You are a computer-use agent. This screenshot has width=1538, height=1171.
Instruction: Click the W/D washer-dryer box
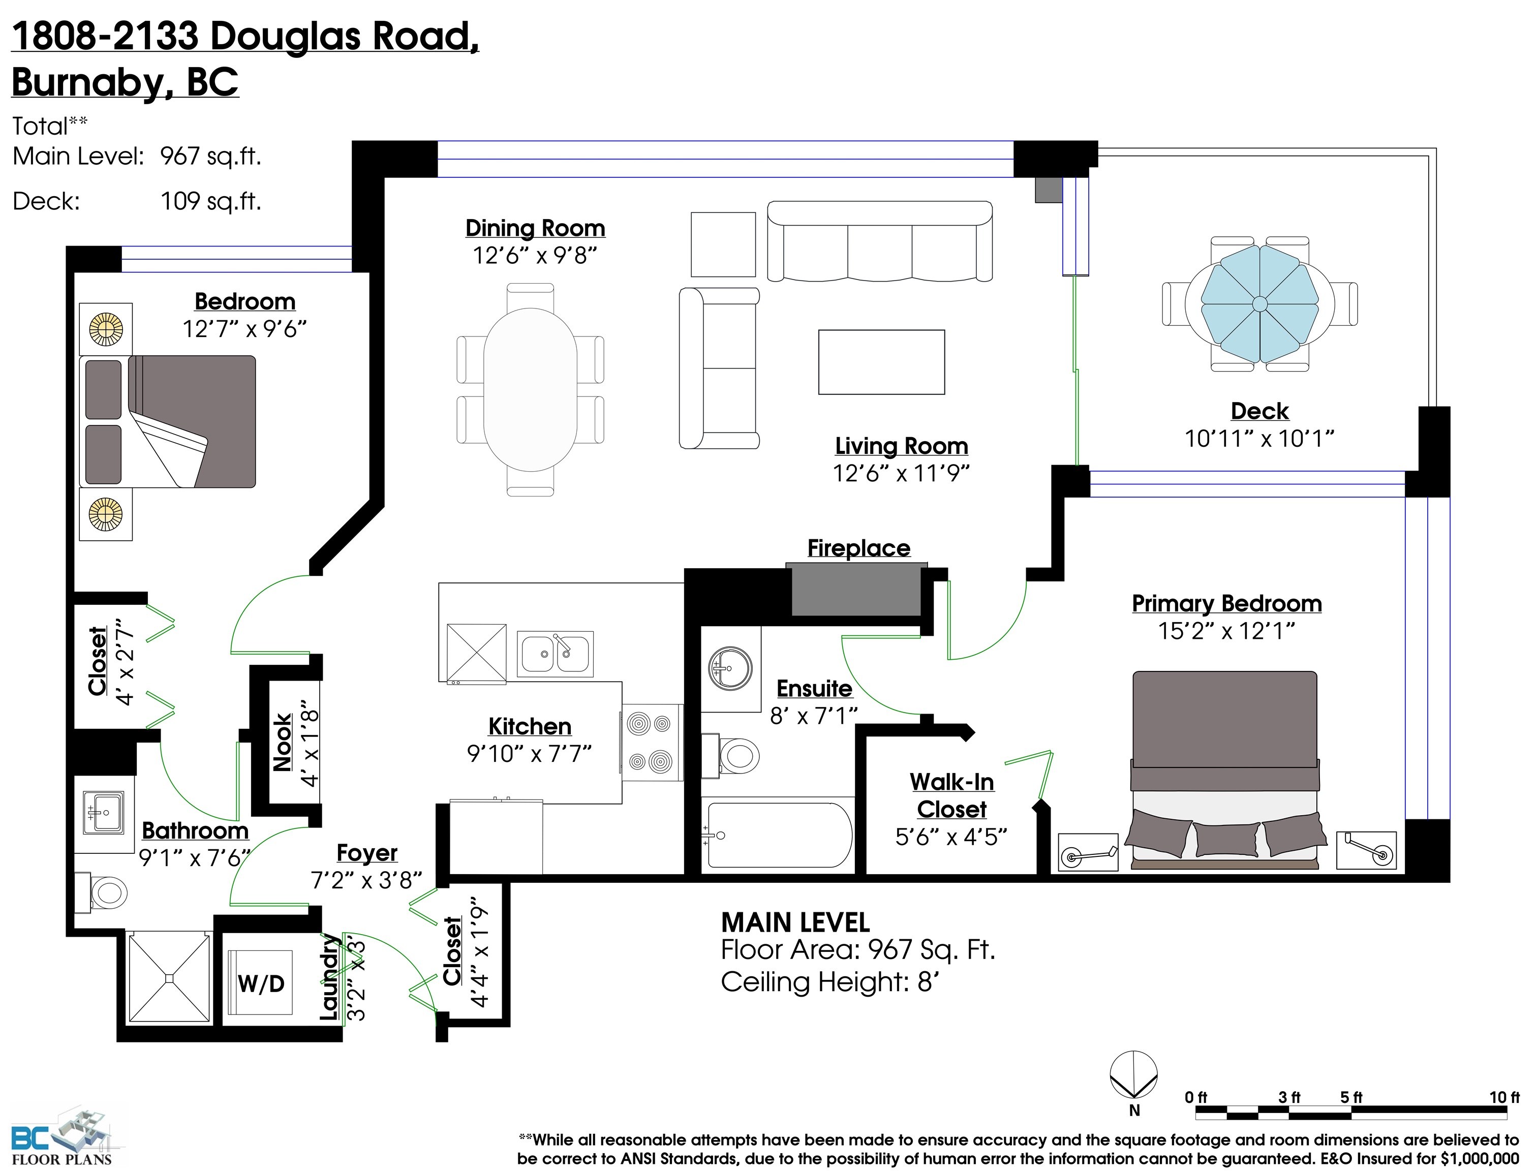click(x=261, y=983)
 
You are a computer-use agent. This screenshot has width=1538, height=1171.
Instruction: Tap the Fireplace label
click(x=858, y=548)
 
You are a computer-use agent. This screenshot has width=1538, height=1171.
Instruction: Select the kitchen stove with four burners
click(x=651, y=743)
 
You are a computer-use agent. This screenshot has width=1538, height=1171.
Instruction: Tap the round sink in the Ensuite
click(x=730, y=668)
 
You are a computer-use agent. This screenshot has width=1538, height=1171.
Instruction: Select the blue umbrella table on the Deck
click(x=1259, y=304)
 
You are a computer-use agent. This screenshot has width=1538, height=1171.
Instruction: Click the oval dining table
click(x=530, y=390)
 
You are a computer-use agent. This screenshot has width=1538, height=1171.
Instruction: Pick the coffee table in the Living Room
click(x=881, y=362)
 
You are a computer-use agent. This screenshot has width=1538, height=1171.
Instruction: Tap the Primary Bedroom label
click(x=1226, y=604)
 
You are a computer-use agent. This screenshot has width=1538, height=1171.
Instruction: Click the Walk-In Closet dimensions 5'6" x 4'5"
click(x=951, y=837)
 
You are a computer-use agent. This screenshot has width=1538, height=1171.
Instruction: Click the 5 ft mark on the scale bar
click(x=1351, y=1098)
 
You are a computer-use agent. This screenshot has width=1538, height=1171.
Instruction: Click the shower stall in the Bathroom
click(x=169, y=978)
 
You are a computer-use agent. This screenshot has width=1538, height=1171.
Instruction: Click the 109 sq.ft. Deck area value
click(x=211, y=201)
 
